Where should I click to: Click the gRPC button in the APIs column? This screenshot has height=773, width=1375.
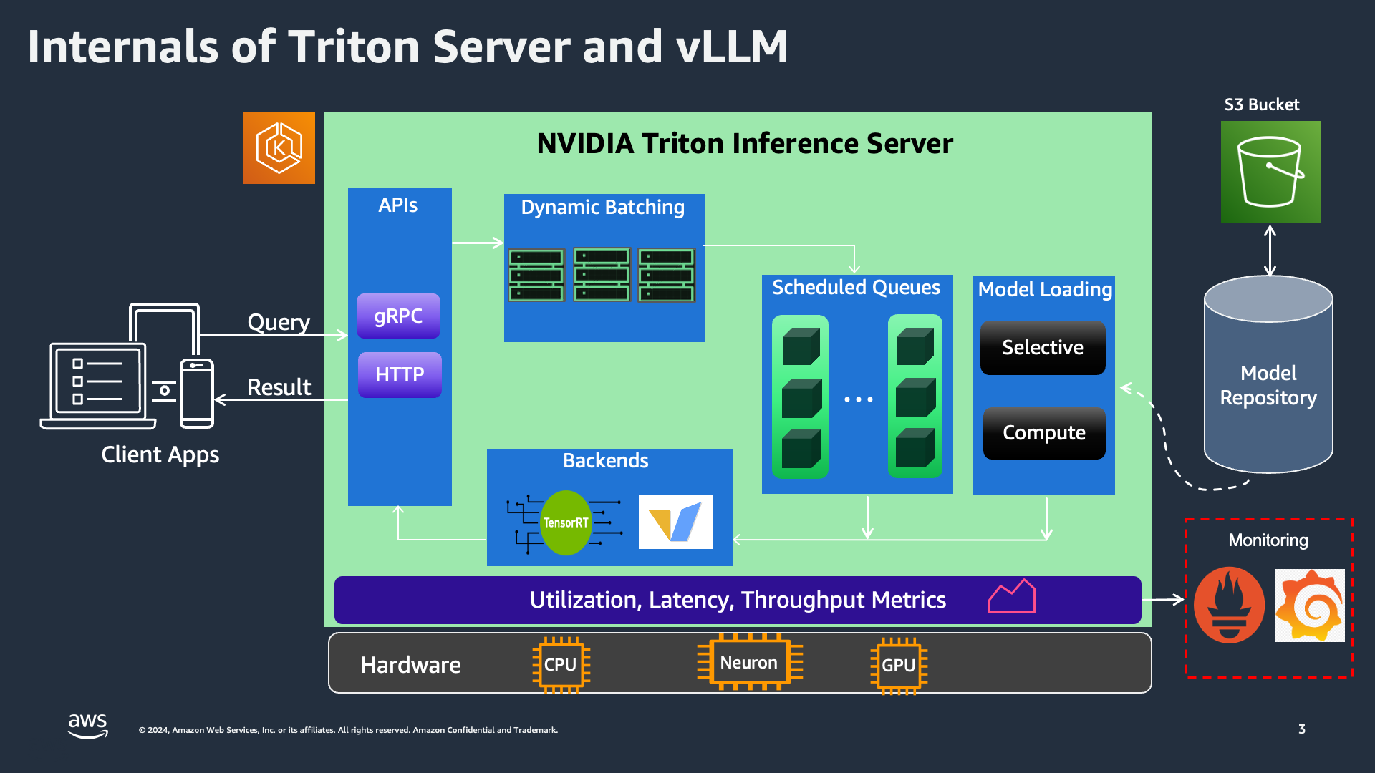[x=398, y=316]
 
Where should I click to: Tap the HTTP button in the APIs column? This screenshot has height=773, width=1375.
[x=400, y=374]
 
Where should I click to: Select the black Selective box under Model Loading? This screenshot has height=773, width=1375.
[x=1043, y=348]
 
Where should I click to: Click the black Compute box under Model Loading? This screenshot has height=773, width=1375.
[x=1044, y=433]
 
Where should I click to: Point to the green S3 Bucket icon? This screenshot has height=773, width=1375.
[x=1270, y=172]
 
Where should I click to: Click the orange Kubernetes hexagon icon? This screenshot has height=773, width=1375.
[x=279, y=148]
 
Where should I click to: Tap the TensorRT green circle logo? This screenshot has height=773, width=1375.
[x=566, y=522]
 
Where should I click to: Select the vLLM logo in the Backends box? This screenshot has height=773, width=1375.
[x=675, y=522]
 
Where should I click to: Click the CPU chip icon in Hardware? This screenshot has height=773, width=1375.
[x=561, y=665]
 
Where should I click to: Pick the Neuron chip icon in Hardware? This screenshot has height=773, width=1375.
[x=749, y=663]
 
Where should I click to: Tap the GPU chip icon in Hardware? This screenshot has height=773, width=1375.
[x=899, y=666]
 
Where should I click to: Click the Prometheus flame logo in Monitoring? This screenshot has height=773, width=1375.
[x=1229, y=605]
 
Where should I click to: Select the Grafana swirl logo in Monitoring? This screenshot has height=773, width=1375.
[x=1310, y=606]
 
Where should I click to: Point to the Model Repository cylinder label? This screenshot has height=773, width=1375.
[x=1268, y=385]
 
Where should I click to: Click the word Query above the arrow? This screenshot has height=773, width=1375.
[x=279, y=322]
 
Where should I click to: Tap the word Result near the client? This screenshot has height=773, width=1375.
[x=279, y=387]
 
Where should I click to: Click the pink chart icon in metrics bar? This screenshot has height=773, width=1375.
[x=1012, y=597]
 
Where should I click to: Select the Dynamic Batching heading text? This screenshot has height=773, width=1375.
[x=602, y=208]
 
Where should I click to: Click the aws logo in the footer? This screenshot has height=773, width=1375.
[x=87, y=724]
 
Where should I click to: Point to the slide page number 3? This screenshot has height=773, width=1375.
[x=1301, y=729]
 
